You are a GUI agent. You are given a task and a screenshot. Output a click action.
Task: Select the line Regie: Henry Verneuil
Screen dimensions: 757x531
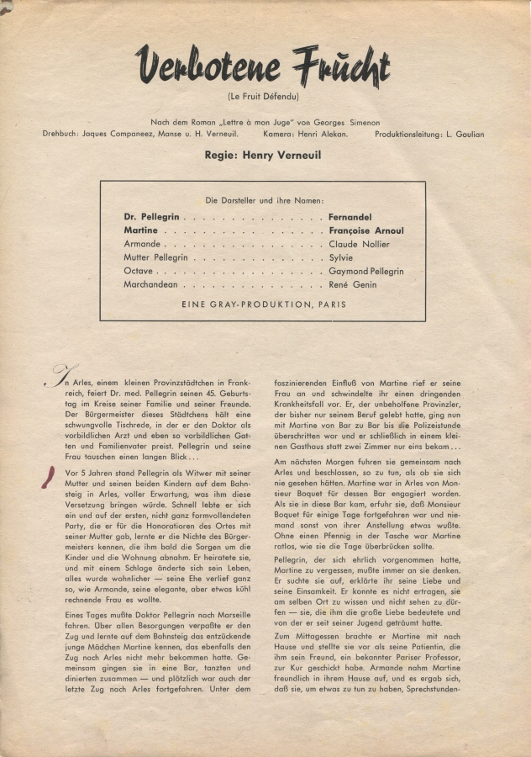(x=263, y=156)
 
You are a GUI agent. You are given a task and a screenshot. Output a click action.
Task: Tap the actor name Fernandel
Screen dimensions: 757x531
(x=351, y=216)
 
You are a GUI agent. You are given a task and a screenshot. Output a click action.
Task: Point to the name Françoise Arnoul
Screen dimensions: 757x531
(x=365, y=230)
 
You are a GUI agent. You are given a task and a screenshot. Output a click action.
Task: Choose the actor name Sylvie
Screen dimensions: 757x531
(x=341, y=257)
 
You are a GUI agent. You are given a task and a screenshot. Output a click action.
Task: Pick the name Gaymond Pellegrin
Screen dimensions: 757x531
(x=366, y=272)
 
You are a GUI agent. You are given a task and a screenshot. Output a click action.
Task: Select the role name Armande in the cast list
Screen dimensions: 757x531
(x=142, y=244)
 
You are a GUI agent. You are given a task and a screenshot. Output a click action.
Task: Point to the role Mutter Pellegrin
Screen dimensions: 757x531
(x=155, y=257)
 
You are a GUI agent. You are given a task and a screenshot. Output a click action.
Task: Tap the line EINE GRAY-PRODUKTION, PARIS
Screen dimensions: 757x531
(x=263, y=304)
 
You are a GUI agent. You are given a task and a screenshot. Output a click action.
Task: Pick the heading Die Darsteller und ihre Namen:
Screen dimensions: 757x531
(x=263, y=201)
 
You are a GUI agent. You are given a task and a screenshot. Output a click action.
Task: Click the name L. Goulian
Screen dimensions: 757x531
(x=464, y=135)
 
